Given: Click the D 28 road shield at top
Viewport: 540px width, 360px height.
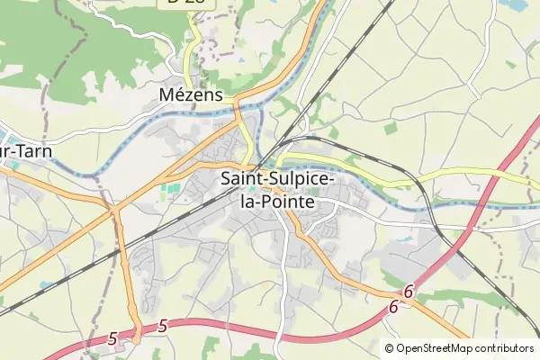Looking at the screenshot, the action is tap(185, 3).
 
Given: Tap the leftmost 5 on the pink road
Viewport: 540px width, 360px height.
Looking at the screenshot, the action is tap(112, 338).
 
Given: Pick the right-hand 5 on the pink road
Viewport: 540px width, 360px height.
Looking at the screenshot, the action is tap(162, 326).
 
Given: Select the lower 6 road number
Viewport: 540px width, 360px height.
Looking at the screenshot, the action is tap(393, 307).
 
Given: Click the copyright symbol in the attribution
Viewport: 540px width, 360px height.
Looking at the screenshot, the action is tap(390, 348).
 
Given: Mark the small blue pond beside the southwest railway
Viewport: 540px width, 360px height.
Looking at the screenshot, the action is tap(44, 286).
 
